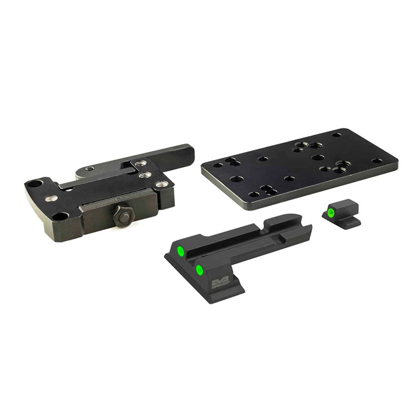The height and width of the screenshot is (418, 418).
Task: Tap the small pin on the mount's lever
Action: point(89,169)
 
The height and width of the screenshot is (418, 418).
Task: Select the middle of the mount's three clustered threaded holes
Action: point(143,176)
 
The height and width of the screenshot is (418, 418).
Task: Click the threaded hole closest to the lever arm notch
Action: point(140,163)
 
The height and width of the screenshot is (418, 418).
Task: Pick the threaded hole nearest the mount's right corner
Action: point(160,184)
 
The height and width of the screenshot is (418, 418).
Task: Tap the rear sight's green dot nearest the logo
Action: point(199,270)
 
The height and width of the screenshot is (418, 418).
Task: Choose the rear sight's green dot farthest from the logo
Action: point(179,250)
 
